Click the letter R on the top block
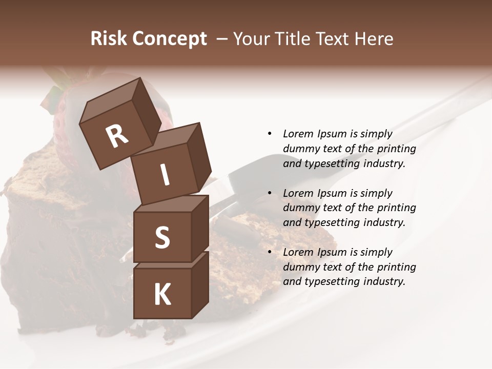click(x=117, y=136)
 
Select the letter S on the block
click(x=162, y=238)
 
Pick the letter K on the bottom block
click(x=162, y=295)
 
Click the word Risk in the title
click(x=109, y=39)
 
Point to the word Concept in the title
click(x=170, y=39)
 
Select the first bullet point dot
click(x=270, y=134)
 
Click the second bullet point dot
click(x=270, y=193)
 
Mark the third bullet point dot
click(x=270, y=252)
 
